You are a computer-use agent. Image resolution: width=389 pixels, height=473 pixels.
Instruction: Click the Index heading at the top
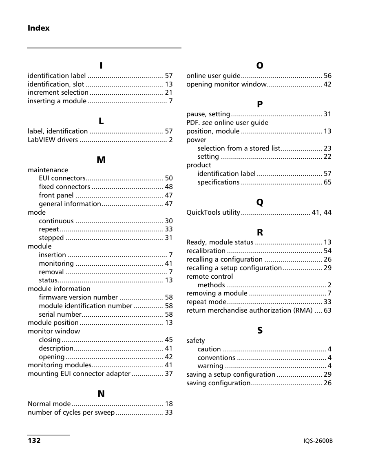[x=39, y=28]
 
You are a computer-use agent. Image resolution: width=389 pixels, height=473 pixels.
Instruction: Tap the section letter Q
[x=259, y=202]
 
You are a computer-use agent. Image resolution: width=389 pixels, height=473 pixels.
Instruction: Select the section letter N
[x=101, y=394]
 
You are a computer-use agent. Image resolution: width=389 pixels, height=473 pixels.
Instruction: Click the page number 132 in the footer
[x=34, y=441]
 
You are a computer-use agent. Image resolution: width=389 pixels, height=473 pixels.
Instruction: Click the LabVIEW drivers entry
[x=53, y=140]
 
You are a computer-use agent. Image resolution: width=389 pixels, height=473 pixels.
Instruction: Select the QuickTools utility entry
[x=213, y=213]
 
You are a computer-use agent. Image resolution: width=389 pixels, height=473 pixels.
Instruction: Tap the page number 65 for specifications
[x=327, y=182]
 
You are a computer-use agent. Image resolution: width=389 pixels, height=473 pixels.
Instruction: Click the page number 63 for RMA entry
[x=327, y=311]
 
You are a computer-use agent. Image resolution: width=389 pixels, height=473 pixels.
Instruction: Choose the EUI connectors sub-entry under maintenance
[x=62, y=178]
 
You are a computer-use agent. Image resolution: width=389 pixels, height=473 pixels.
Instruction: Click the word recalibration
[x=206, y=251]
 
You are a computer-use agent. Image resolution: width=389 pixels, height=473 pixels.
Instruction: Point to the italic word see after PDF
[x=207, y=123]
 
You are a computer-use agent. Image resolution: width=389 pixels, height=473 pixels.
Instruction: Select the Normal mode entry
[x=49, y=404]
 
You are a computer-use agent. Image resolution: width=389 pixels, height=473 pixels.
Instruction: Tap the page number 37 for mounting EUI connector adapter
[x=169, y=374]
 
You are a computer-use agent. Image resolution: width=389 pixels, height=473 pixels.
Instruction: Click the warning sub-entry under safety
[x=210, y=366]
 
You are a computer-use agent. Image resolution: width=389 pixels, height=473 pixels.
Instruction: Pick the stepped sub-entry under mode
[x=51, y=238]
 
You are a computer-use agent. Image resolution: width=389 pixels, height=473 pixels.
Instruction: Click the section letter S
[x=260, y=331]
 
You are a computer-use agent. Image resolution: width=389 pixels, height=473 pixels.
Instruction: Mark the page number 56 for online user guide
[x=327, y=76]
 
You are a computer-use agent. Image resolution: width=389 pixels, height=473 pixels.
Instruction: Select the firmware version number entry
[x=78, y=298]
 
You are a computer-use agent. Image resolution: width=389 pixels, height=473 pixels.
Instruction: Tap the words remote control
[x=210, y=277]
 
